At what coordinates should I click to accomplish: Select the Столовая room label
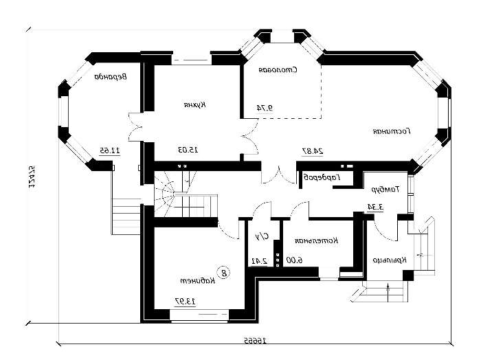tap(277, 70)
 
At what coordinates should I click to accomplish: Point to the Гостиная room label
tap(392, 130)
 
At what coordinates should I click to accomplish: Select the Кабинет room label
tap(195, 281)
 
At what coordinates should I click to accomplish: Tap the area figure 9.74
tap(265, 108)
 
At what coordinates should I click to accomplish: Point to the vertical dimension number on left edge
tap(32, 177)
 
